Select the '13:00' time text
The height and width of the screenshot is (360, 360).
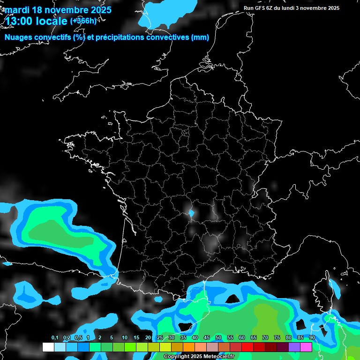coord(19,21)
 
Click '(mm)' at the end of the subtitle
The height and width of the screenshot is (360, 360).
coord(200,37)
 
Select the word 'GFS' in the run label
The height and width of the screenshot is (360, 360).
coord(262,8)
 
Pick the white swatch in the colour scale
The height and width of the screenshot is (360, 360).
coord(48,347)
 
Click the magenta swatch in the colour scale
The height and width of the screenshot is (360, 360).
coord(306,347)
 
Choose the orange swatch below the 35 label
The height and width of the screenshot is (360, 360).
coord(189,347)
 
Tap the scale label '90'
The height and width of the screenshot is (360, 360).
coord(312,338)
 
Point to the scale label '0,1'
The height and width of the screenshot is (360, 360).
coord(55,338)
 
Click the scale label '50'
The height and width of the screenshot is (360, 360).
coord(218,338)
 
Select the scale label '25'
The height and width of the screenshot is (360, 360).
coord(160,338)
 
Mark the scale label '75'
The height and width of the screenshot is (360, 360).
coord(277,338)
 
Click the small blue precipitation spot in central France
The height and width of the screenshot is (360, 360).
coord(191,214)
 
